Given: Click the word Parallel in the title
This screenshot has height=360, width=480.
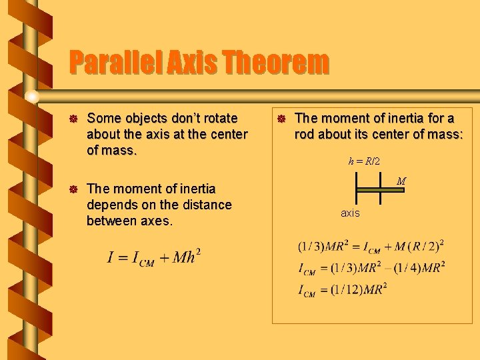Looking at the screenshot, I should coord(111,63).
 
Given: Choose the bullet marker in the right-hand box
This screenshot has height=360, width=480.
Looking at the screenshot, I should coord(282,119).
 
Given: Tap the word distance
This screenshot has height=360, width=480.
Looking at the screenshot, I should coord(204,205).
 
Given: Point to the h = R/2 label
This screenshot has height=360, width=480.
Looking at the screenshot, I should coord(364,161).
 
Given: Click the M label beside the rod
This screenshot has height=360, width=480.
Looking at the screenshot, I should coord(401,181).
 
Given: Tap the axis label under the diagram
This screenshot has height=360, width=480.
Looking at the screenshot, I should coord(350,213).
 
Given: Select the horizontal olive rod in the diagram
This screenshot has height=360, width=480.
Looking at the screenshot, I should coord(381,189).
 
